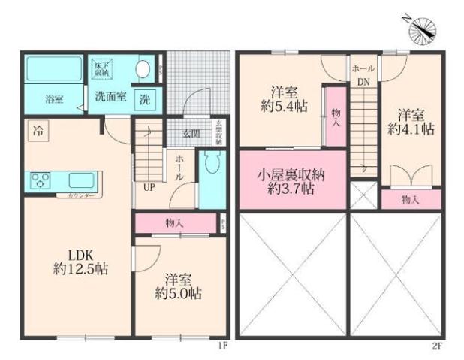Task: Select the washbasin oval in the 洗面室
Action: coord(142,68)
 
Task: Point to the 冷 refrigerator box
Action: coord(38,130)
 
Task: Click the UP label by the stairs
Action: coord(148,187)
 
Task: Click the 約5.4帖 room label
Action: coord(282,100)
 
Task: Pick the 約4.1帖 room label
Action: coord(411,122)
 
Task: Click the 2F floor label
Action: coord(438,345)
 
